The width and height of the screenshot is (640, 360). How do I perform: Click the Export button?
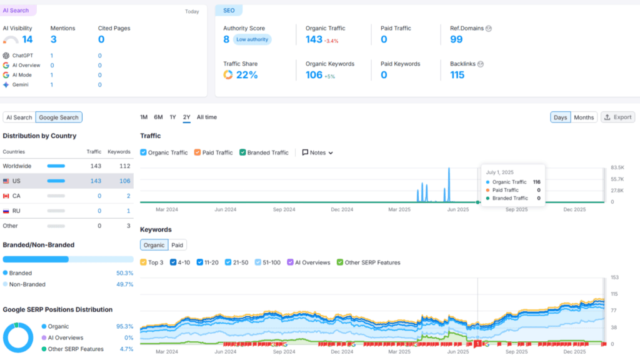(x=618, y=117)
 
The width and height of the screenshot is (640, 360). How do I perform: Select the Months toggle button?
(x=584, y=117)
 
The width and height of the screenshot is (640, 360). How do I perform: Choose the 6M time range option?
(x=159, y=117)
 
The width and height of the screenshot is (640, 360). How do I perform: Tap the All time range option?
(x=207, y=117)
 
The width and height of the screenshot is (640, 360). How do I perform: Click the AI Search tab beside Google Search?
(x=19, y=117)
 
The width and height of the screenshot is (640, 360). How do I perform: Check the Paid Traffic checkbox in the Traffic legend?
(x=197, y=152)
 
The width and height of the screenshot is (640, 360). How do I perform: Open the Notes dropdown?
(x=317, y=152)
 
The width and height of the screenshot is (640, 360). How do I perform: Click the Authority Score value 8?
(x=226, y=39)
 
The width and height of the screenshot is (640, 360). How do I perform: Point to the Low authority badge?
(x=252, y=39)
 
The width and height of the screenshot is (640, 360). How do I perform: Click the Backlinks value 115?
(x=457, y=75)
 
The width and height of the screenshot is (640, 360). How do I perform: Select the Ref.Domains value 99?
(x=456, y=39)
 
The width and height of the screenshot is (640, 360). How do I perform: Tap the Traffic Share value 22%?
(x=246, y=75)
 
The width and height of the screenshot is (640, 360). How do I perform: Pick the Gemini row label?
(x=20, y=84)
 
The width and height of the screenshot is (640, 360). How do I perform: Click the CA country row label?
(x=16, y=196)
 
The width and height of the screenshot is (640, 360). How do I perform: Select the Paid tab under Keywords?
(x=177, y=245)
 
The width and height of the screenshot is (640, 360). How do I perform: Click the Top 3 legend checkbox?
(x=144, y=262)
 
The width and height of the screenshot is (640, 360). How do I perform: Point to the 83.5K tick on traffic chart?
(x=617, y=167)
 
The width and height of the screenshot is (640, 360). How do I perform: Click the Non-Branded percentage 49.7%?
(x=124, y=284)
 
